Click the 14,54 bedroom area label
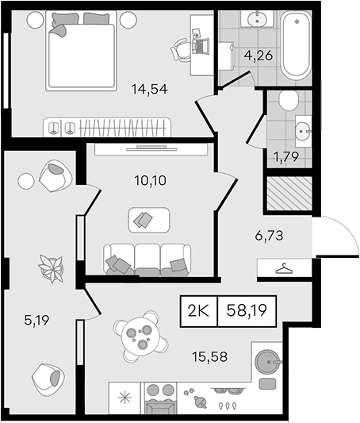pyautogui.click(x=150, y=90)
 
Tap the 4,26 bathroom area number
pyautogui.click(x=259, y=56)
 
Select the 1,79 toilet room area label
pyautogui.click(x=286, y=156)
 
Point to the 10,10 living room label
pyautogui.click(x=151, y=180)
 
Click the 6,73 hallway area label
pyautogui.click(x=269, y=236)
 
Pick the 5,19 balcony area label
pyautogui.click(x=37, y=320)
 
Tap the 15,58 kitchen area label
pyautogui.click(x=210, y=356)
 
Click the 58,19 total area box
pyautogui.click(x=247, y=311)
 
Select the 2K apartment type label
pyautogui.click(x=198, y=311)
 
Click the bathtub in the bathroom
pyautogui.click(x=296, y=45)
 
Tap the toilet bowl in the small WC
pyautogui.click(x=289, y=100)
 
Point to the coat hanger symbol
pyautogui.click(x=285, y=269)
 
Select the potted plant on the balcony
pyautogui.click(x=52, y=269)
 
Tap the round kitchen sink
pyautogui.click(x=267, y=362)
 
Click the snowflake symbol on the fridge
pyautogui.click(x=124, y=398)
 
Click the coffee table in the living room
pyautogui.click(x=149, y=220)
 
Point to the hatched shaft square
pyautogui.click(x=289, y=193)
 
